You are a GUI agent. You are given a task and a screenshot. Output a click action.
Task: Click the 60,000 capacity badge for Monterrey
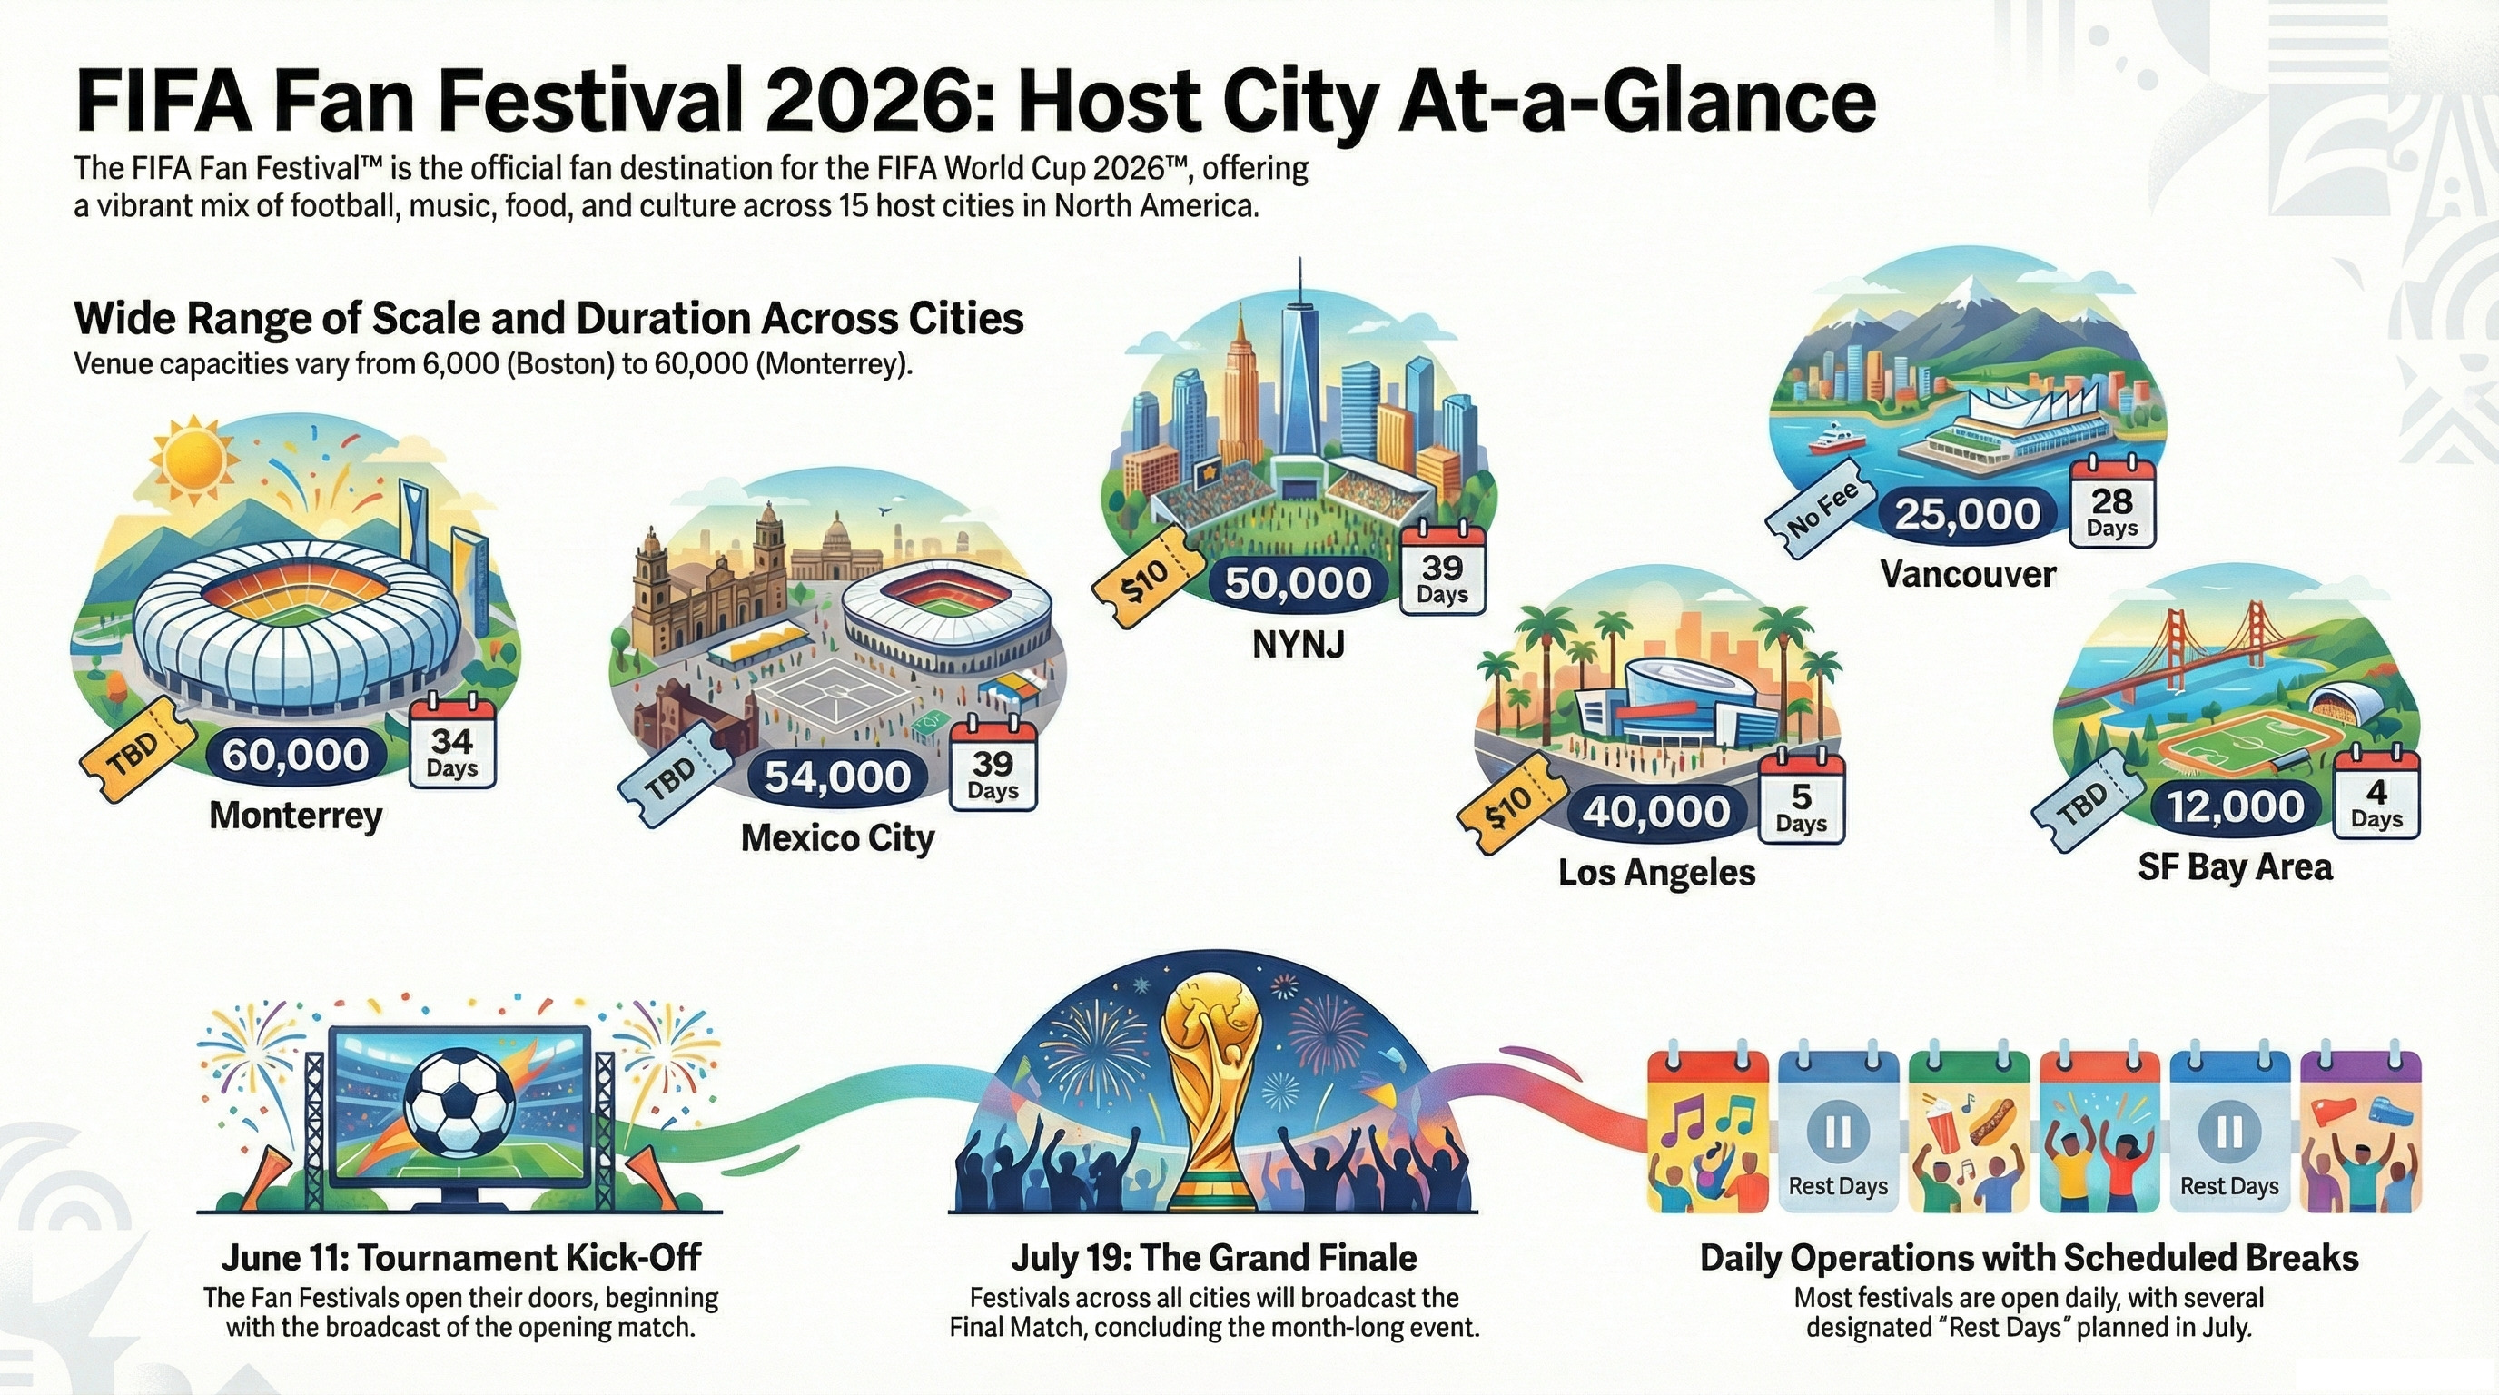coord(295,755)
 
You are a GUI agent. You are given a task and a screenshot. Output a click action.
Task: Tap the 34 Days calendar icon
coord(452,745)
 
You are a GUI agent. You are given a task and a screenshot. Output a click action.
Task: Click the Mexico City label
coord(837,837)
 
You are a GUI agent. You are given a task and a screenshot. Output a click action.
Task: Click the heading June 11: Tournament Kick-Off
coord(460,1258)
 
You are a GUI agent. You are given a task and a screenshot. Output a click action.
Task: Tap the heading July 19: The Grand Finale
coord(1213,1258)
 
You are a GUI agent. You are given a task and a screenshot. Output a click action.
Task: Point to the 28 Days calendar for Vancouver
coord(2112,506)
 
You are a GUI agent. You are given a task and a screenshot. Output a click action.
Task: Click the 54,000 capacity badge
coord(837,777)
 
